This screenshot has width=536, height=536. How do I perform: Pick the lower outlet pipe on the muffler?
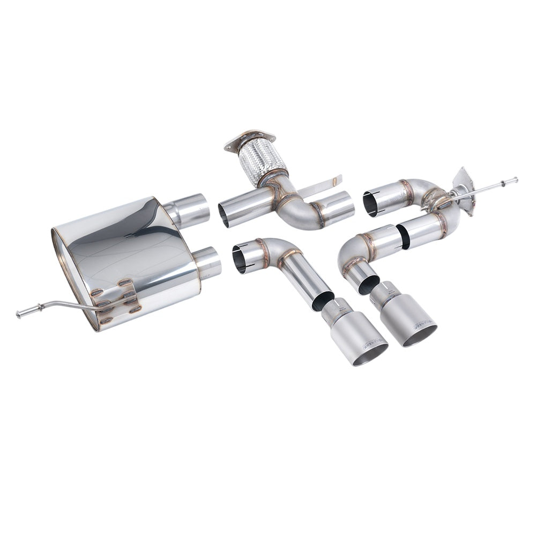point(208,263)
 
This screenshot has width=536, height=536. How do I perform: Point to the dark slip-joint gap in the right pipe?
point(403,234)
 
